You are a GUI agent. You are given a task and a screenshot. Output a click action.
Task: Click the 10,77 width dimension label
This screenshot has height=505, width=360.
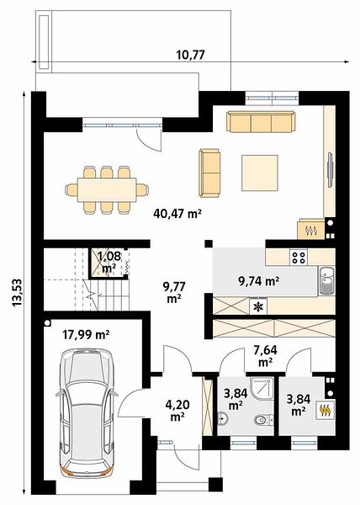(x=190, y=55)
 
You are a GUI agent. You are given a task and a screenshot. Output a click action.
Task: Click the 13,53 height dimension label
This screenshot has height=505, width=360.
(x=17, y=292)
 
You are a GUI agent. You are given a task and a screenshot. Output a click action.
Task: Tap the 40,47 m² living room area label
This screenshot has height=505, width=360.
(x=177, y=213)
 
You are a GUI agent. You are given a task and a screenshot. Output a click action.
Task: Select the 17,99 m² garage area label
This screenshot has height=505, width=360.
(x=86, y=335)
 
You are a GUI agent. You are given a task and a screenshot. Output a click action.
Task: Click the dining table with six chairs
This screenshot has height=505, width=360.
(x=107, y=189)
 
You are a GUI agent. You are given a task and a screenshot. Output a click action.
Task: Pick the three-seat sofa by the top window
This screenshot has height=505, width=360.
(x=261, y=121)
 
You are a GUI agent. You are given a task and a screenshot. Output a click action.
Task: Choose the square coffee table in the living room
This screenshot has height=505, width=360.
(x=260, y=173)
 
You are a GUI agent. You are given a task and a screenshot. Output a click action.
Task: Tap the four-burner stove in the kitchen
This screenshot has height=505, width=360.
(x=299, y=257)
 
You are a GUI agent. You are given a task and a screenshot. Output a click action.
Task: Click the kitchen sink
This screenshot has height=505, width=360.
(x=326, y=281)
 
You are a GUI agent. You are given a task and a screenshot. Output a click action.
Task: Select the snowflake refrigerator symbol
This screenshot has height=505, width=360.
(x=258, y=307)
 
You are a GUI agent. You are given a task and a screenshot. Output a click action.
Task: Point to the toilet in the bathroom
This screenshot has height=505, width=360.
(x=263, y=420)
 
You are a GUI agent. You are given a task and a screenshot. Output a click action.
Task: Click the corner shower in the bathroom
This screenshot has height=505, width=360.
(x=262, y=388)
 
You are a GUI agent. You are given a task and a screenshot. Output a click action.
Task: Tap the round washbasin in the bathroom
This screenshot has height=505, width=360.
(x=223, y=418)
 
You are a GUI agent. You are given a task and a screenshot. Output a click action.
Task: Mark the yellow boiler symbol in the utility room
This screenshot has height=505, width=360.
(x=326, y=410)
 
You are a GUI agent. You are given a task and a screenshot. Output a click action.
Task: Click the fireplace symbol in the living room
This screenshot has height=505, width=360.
(x=311, y=230)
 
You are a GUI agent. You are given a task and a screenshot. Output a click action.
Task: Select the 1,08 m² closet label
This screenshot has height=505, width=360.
(x=109, y=263)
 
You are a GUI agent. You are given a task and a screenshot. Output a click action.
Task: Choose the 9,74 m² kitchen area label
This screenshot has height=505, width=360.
(x=258, y=281)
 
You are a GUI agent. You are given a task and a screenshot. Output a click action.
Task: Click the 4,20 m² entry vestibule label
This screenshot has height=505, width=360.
(x=177, y=410)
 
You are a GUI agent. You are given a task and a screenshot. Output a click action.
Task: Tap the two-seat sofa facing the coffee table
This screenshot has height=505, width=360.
(x=209, y=173)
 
